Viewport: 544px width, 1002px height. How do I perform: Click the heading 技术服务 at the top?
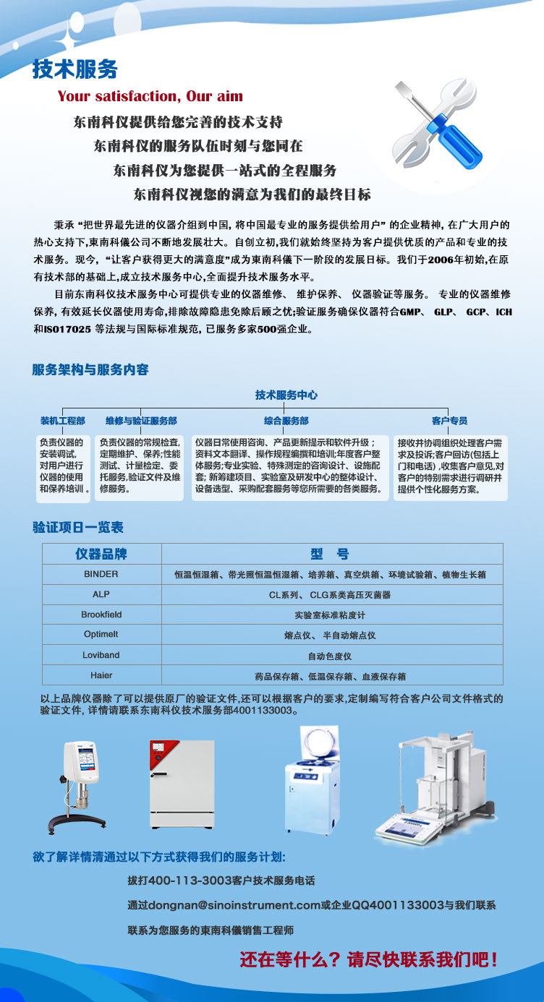(75, 69)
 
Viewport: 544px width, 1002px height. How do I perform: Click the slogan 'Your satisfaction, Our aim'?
(150, 96)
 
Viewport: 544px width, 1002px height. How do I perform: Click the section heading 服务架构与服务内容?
(90, 369)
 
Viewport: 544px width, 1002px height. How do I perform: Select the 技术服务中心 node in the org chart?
(286, 395)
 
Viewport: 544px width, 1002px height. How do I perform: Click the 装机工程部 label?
(62, 421)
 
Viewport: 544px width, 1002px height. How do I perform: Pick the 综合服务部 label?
(286, 421)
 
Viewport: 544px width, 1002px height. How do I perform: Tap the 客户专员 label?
(449, 421)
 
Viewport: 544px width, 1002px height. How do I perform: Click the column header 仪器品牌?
(101, 554)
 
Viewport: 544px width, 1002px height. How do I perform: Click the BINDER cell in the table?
(101, 574)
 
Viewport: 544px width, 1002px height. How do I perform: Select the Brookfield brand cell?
(101, 615)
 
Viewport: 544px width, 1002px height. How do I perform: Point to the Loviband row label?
(101, 655)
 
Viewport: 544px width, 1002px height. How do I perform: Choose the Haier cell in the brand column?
(101, 675)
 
